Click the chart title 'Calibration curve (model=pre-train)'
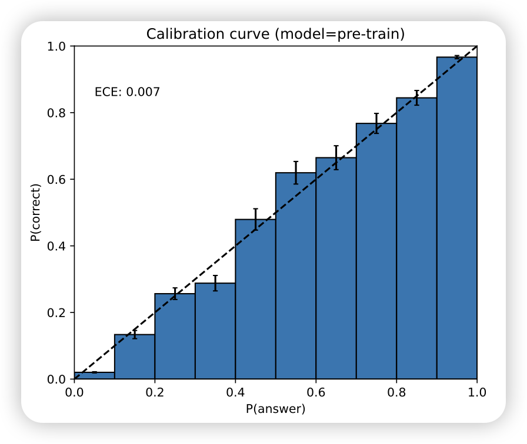275,34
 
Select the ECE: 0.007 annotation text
127,92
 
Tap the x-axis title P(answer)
275,409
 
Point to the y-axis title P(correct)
36,213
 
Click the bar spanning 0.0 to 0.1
95,376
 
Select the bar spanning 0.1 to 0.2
135,357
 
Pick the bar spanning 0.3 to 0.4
215,331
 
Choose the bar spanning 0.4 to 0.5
255,300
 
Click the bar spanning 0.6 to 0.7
336,268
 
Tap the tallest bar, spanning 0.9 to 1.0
457,218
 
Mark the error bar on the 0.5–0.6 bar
296,173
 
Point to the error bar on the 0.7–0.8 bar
376,123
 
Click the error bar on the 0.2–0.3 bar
175,294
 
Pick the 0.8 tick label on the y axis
58,113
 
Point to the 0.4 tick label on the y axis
58,245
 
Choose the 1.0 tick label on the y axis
58,46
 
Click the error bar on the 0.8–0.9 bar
416,97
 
